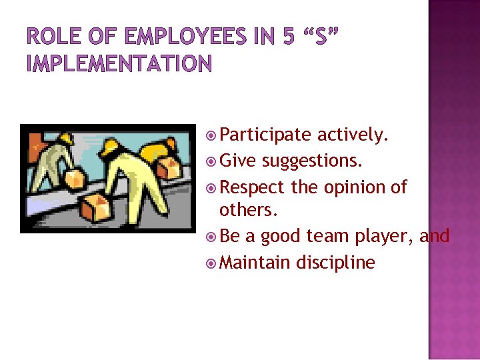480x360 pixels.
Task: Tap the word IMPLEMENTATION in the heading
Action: click(x=119, y=64)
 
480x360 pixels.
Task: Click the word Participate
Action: click(x=265, y=135)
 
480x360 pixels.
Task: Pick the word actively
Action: click(x=353, y=135)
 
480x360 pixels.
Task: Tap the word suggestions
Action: click(x=313, y=161)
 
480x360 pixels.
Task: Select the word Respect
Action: click(x=252, y=187)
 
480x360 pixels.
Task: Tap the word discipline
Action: click(x=336, y=262)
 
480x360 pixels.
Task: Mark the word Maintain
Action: click(x=255, y=262)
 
